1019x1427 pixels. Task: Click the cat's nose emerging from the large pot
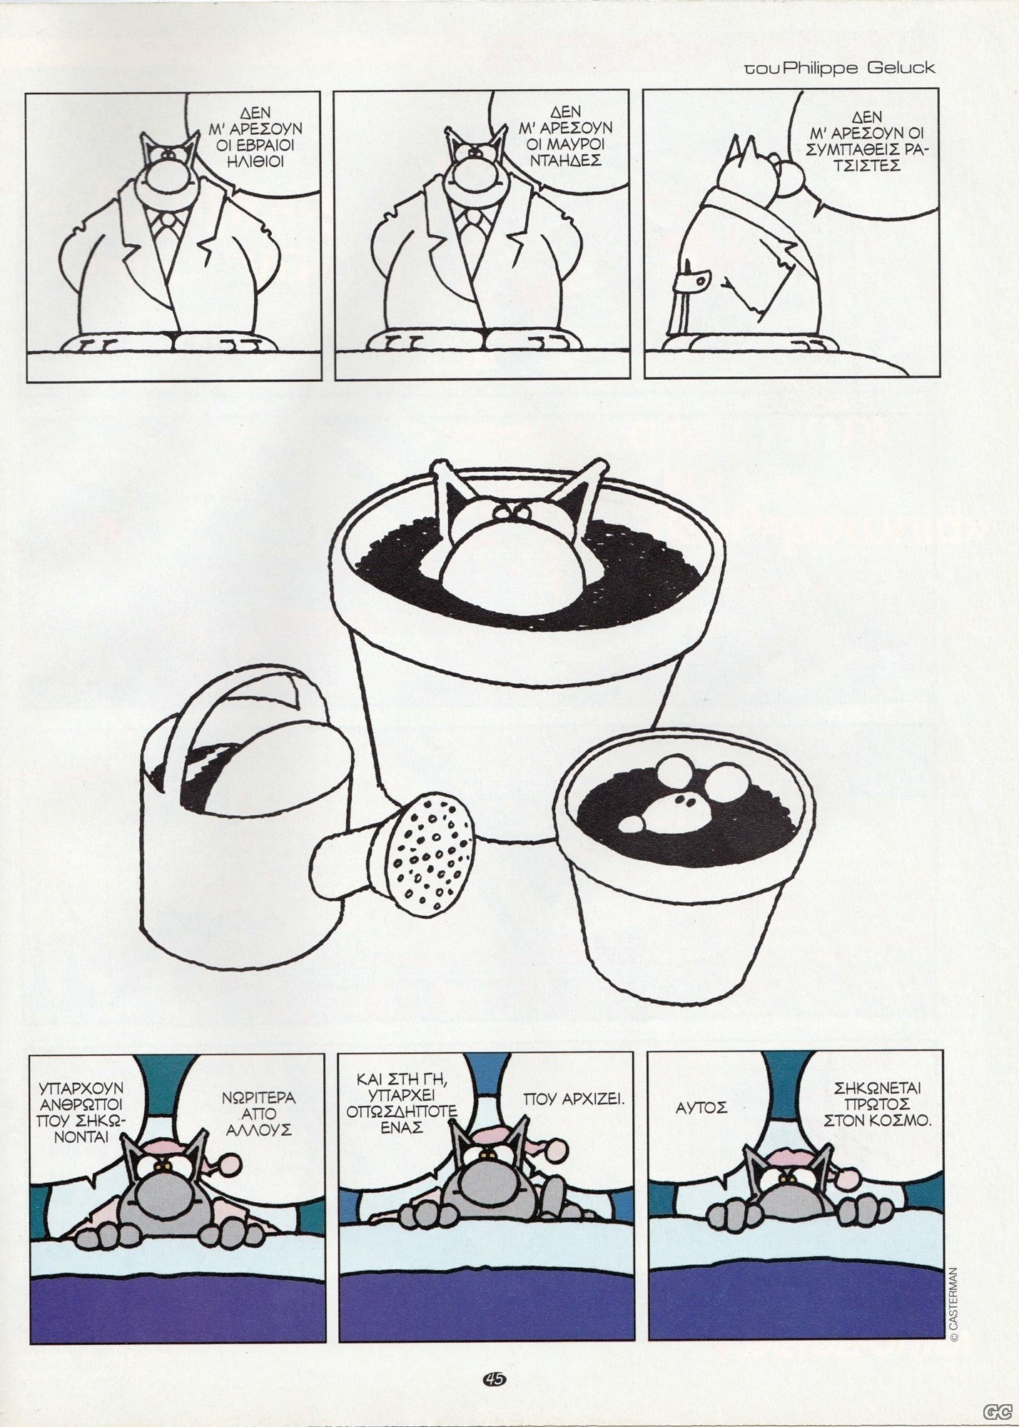point(506,560)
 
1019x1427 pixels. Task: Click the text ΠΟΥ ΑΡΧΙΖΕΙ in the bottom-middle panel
point(574,1118)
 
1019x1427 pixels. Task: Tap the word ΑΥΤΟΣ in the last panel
point(701,1128)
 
